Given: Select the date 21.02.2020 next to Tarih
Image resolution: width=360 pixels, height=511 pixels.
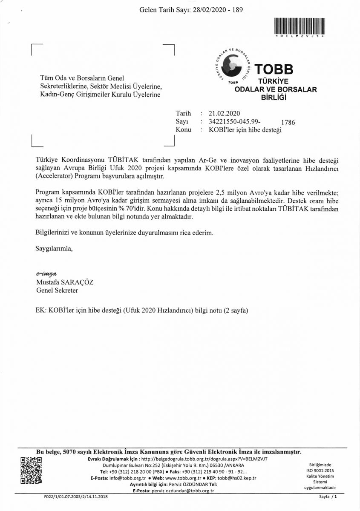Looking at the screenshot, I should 225,113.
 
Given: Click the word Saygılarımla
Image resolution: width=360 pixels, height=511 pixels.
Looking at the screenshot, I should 54,249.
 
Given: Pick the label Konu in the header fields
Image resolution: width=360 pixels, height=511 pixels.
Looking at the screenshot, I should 183,129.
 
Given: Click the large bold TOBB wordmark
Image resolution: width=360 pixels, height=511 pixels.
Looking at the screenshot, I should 274,69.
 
